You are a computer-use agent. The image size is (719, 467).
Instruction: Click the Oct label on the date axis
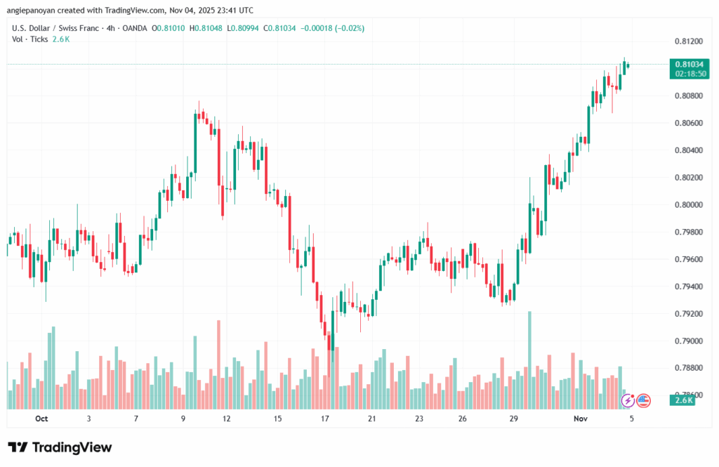coord(41,418)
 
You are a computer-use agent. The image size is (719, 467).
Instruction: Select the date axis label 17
coord(325,418)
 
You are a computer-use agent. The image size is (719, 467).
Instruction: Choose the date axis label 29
coord(514,418)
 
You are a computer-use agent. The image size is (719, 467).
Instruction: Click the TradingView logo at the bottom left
coord(60,447)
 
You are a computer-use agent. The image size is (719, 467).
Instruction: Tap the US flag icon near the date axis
coord(642,401)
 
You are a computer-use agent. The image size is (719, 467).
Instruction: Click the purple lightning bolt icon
coord(628,401)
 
